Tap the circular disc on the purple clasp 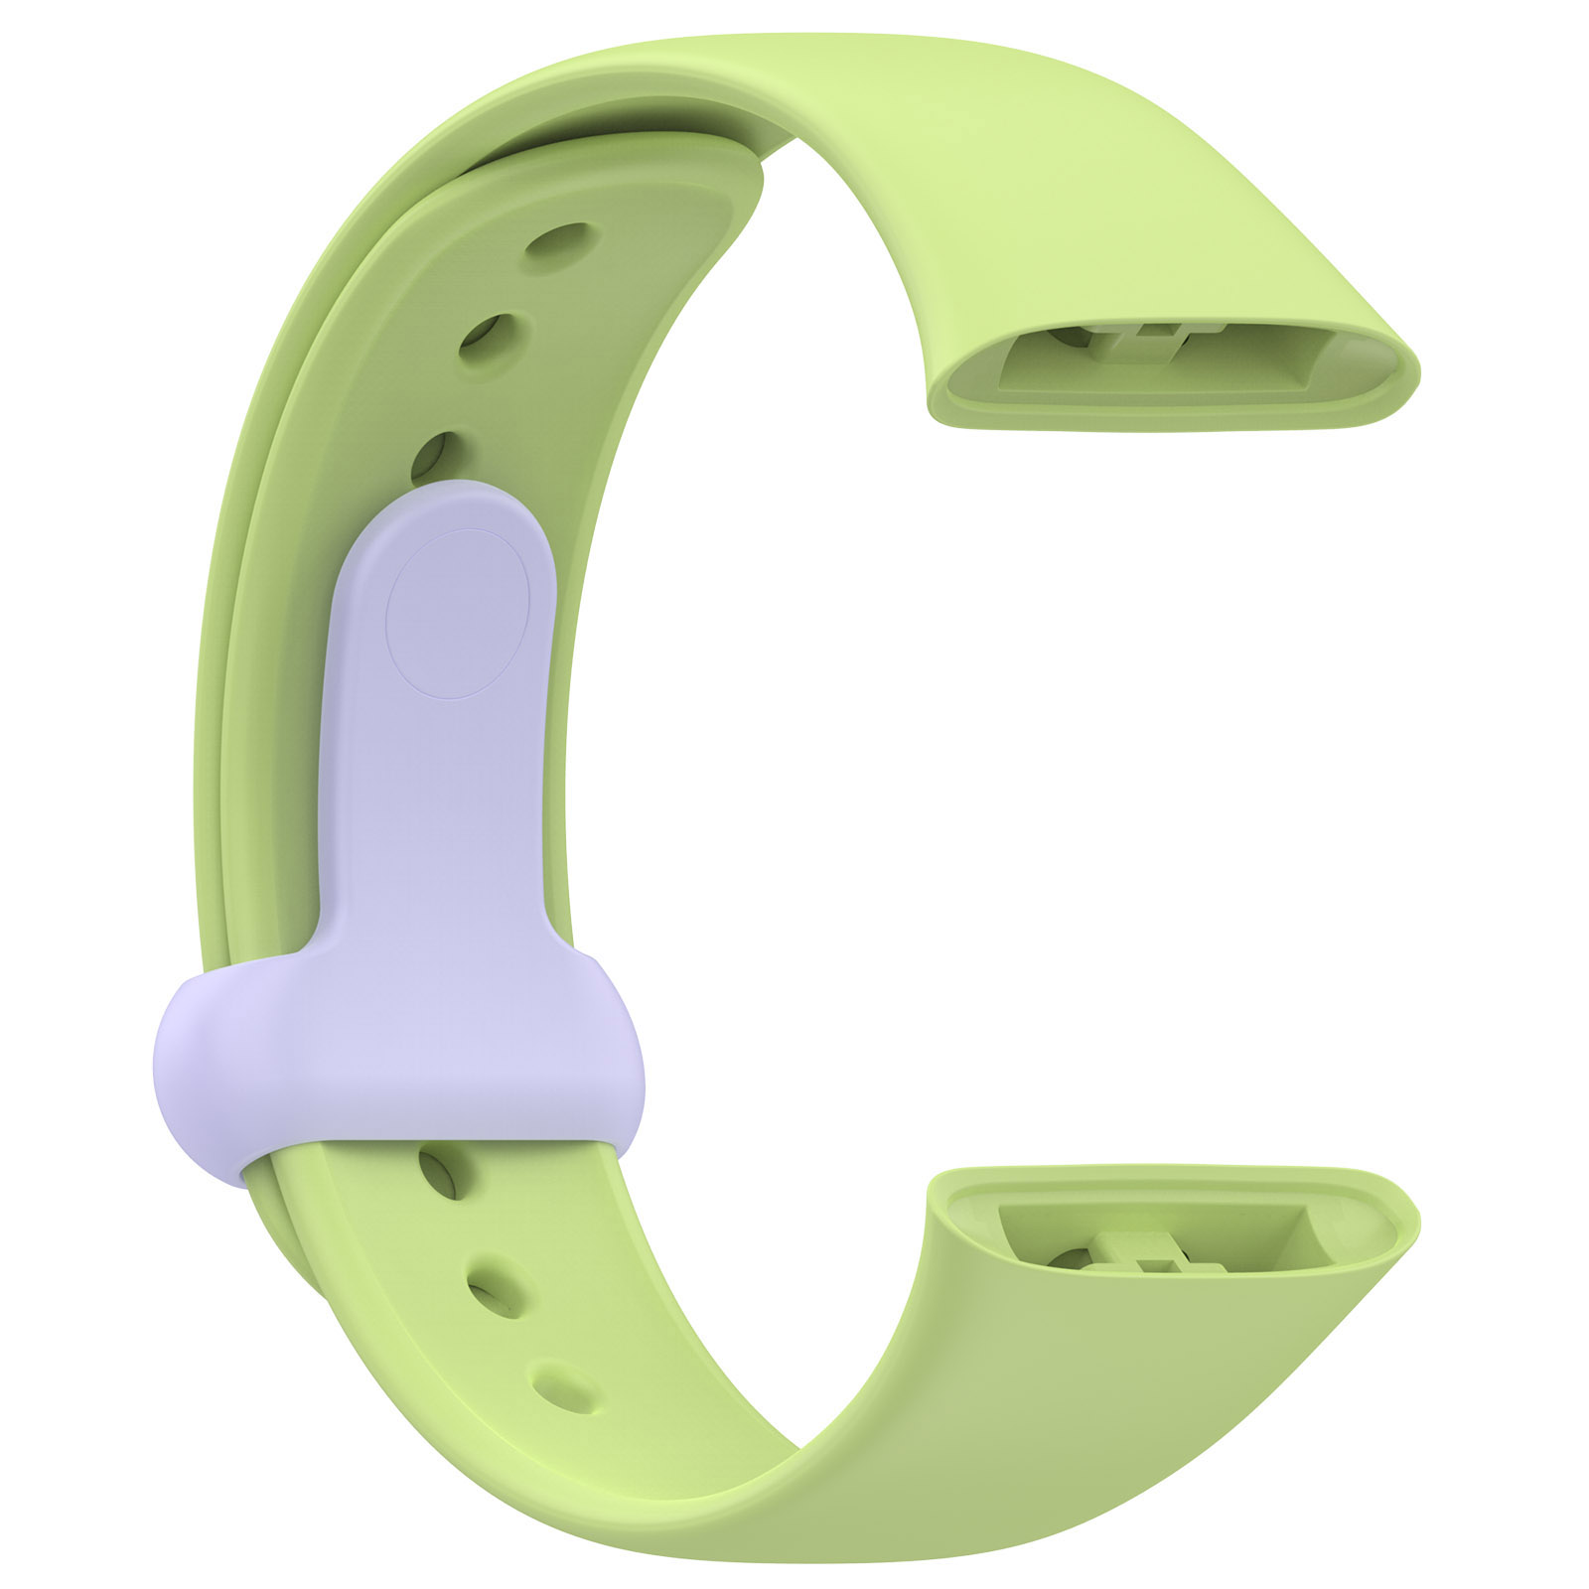pos(458,613)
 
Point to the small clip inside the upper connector pos(1142,343)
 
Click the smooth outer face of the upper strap pos(1043,179)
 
